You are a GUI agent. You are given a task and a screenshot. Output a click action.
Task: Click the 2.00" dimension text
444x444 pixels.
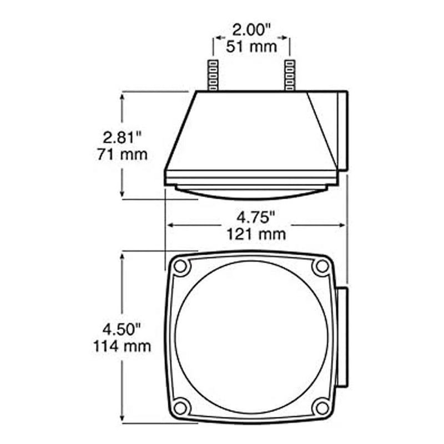pos(251,30)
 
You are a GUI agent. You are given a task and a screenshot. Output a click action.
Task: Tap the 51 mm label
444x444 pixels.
pos(251,47)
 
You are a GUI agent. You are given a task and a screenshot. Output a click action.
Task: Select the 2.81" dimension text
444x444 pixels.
pos(122,138)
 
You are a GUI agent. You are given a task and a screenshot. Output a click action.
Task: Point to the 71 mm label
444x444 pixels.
pos(122,155)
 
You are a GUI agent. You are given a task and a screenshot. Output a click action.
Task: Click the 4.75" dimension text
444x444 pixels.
pos(256,218)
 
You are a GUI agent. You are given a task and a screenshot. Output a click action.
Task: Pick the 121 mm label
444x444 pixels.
pos(256,234)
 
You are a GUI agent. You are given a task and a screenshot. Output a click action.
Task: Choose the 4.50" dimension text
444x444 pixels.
pos(122,330)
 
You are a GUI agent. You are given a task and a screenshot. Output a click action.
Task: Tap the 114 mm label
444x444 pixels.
pos(122,346)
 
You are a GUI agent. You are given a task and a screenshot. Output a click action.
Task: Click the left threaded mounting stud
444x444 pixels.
pos(213,75)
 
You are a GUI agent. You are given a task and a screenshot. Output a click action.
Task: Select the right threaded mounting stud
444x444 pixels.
pos(289,75)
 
